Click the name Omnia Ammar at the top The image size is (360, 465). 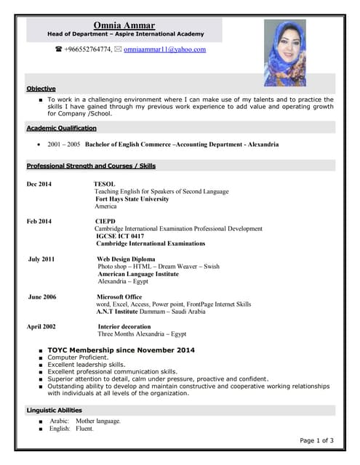124,25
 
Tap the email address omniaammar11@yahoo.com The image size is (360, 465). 164,50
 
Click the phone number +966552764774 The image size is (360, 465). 87,50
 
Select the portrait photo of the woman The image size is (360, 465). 284,53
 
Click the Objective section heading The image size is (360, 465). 41,89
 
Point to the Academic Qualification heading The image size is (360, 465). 62,128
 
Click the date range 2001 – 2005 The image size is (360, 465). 64,145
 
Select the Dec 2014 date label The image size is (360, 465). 39,185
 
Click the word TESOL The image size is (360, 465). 105,185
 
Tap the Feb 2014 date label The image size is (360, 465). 39,221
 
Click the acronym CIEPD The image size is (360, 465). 105,221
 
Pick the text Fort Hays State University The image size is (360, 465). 132,199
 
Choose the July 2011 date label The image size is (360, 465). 41,259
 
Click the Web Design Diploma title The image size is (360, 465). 126,259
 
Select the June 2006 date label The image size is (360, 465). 41,297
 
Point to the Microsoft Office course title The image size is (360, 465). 119,297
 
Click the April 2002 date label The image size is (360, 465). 41,327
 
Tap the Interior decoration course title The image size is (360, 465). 124,327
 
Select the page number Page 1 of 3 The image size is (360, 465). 316,440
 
